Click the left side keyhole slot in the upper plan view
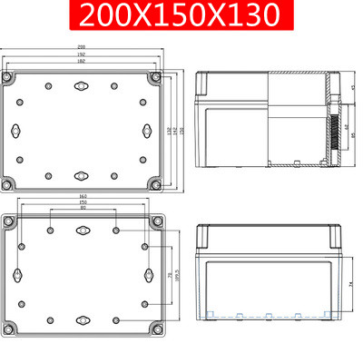point(20,128)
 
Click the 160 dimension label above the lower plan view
point(83,197)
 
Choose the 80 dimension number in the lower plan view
point(83,210)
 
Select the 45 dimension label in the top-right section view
point(352,88)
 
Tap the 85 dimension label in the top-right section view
point(352,136)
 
